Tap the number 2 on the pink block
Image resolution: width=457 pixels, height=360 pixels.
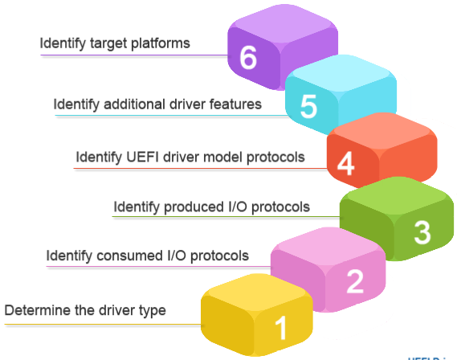coord(354,280)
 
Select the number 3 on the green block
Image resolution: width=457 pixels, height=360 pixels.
coord(422,232)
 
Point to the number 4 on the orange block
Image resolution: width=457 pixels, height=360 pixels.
coord(345,163)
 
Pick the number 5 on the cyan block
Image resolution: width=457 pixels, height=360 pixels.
coord(308,108)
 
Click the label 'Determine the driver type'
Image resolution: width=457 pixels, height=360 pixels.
coord(84,310)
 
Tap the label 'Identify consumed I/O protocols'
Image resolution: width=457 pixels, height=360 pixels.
coord(147,256)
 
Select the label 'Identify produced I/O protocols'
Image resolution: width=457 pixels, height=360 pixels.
coord(211,207)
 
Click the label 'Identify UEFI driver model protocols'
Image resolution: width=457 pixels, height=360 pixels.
coord(190,157)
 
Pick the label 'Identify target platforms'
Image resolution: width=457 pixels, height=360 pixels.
coord(115,43)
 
